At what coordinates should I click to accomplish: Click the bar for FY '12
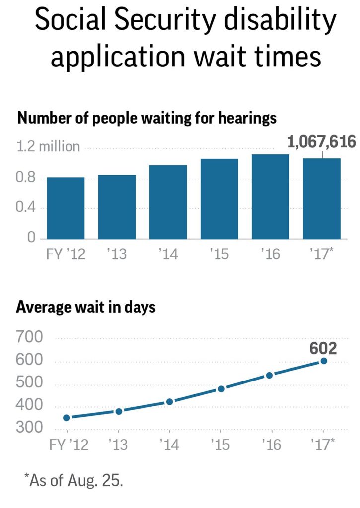pos(66,208)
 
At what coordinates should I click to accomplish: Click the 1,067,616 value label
pos(322,142)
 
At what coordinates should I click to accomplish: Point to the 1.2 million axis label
pos(48,147)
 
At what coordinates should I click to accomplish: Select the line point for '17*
pos(324,361)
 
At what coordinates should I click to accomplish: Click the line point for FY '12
pos(67,418)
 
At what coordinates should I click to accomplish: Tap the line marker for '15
pos(221,389)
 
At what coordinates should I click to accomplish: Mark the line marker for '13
pos(119,411)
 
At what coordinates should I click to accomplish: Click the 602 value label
pos(323,348)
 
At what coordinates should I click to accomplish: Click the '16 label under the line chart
pos(271,444)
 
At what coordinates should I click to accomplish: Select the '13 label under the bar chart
pos(117,254)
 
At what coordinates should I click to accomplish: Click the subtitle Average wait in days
pos(86,307)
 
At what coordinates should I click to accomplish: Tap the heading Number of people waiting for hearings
pos(146,119)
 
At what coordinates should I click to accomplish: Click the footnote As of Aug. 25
pos(73,480)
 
